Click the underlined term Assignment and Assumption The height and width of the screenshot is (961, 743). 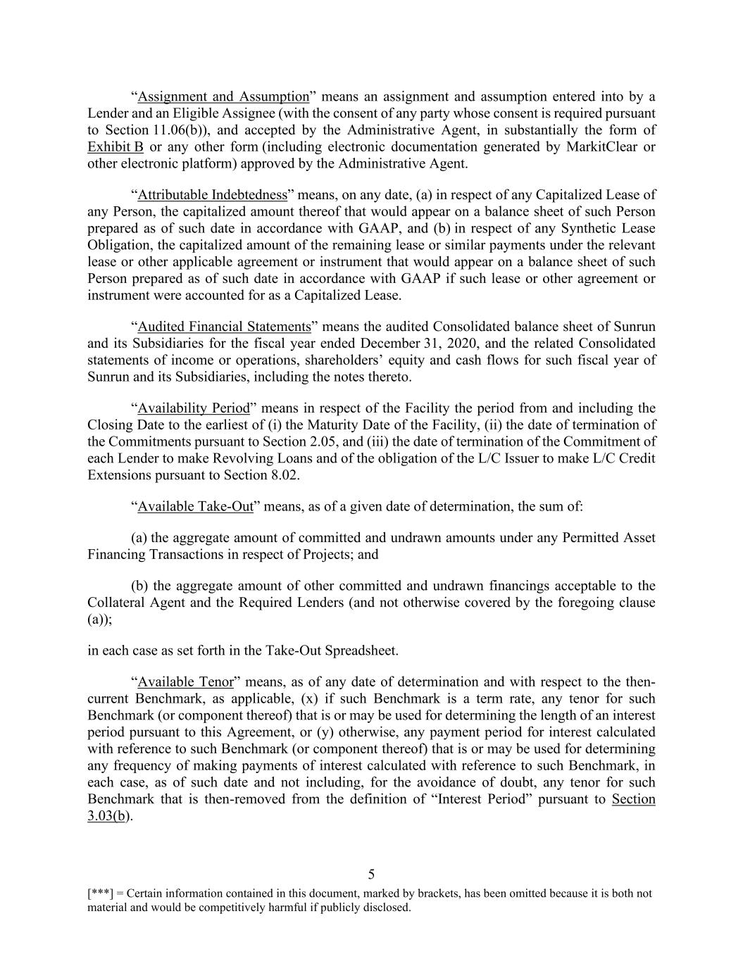coord(223,96)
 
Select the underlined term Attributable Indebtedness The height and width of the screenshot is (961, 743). coord(212,195)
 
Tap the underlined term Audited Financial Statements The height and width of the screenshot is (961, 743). coord(224,327)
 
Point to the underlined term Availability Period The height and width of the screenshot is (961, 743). coord(194,408)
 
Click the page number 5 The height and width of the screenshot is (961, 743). coord(371,874)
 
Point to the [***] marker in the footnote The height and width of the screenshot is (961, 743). coord(99,893)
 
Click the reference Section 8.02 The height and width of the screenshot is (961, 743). coord(265,475)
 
